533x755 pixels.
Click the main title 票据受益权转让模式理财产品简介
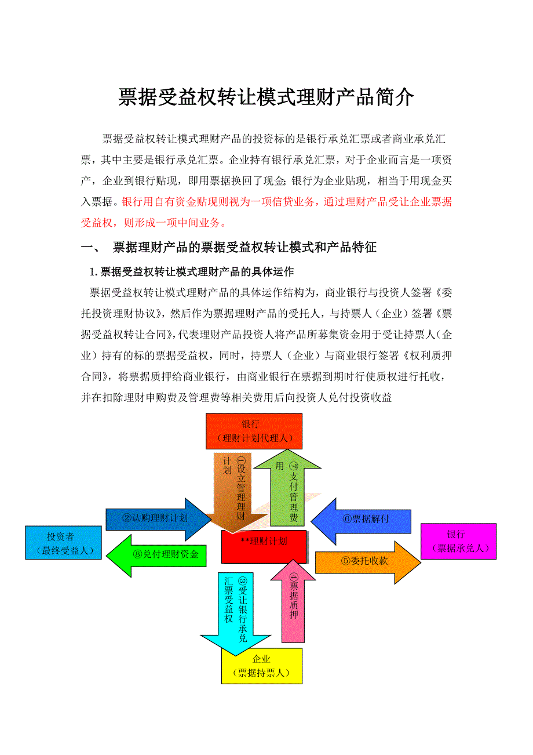click(x=266, y=97)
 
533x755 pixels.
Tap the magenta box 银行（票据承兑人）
click(x=458, y=540)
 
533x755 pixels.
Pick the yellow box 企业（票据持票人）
click(x=262, y=666)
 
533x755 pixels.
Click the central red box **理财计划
click(x=264, y=546)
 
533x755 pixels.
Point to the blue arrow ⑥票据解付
click(x=365, y=520)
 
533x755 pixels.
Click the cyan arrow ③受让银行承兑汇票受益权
click(x=235, y=612)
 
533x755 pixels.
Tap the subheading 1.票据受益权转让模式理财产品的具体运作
click(x=191, y=271)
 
